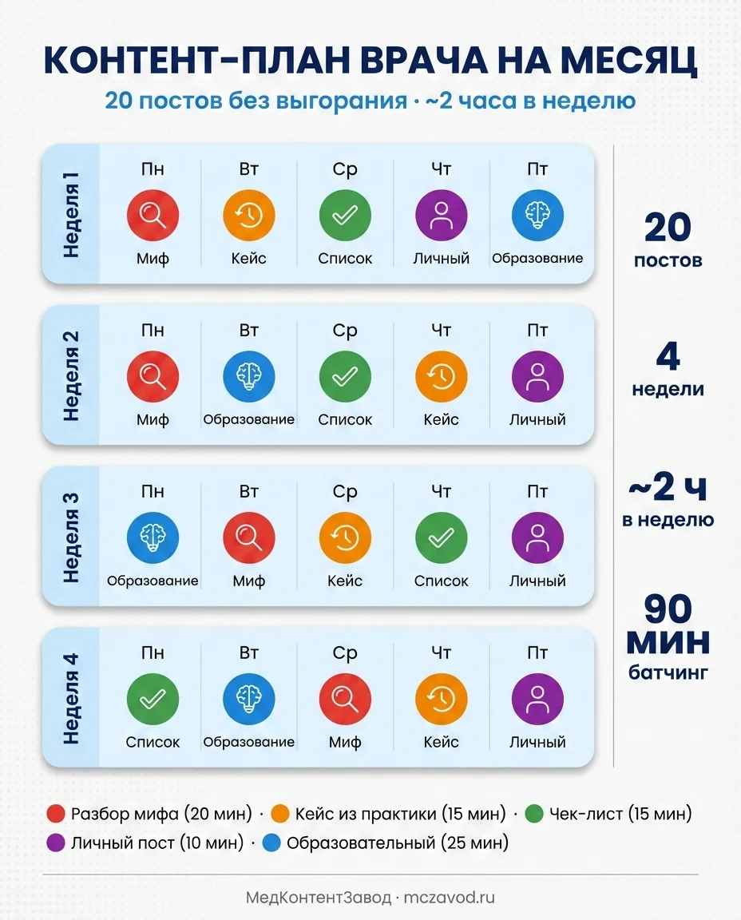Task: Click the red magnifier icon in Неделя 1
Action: point(153,216)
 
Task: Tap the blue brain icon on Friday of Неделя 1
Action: point(537,216)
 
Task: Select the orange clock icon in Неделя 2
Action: point(441,376)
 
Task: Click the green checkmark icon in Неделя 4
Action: point(153,699)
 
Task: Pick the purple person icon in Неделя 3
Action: point(537,537)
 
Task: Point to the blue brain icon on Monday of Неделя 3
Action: point(153,537)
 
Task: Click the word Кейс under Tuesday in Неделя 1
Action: point(248,259)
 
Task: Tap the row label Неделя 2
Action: point(71,374)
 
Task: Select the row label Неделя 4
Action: point(71,696)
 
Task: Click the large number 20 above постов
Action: point(668,229)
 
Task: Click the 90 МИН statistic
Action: point(668,626)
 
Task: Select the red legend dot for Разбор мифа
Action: point(56,815)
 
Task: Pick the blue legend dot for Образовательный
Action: point(271,843)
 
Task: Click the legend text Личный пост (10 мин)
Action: point(157,843)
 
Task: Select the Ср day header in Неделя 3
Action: point(345,492)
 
